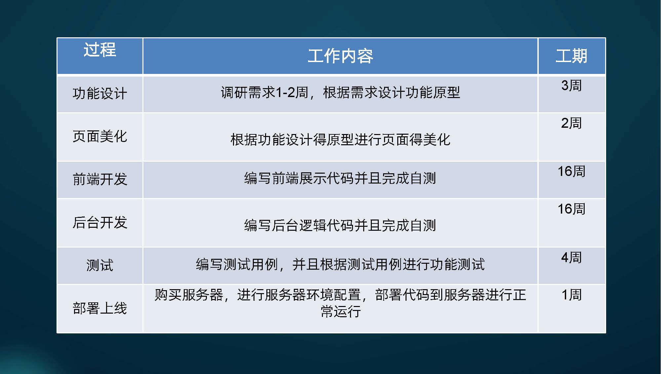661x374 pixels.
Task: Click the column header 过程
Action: click(100, 50)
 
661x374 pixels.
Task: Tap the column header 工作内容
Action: click(340, 56)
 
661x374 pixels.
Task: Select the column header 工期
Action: click(571, 56)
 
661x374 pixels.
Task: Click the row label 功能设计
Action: click(100, 93)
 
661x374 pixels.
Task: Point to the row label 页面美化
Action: click(100, 136)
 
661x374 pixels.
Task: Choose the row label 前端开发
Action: click(100, 179)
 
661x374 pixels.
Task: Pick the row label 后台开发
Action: click(100, 222)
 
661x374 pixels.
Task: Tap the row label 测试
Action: click(100, 265)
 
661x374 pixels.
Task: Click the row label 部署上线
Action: click(100, 308)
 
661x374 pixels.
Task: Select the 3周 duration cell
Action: click(571, 85)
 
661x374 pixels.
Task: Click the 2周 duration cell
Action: click(571, 123)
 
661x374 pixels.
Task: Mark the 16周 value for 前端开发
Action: click(571, 171)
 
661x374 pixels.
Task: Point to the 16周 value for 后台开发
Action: click(571, 209)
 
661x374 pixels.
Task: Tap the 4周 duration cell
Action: click(571, 257)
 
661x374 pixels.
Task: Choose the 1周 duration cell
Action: click(571, 295)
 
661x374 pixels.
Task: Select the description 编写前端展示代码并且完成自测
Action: click(340, 178)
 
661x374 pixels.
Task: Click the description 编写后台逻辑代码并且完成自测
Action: click(340, 225)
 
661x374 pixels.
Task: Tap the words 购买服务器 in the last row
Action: click(189, 295)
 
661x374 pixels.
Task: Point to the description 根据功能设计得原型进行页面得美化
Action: click(340, 140)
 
